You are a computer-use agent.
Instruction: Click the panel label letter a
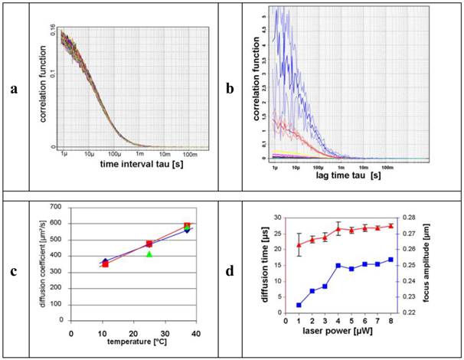(14, 90)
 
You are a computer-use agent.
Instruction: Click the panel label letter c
(14, 270)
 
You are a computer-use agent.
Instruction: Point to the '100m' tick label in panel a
(183, 155)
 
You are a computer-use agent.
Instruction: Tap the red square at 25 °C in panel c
(149, 244)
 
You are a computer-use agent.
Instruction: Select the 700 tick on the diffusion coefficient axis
(59, 207)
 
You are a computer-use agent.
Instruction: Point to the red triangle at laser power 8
(391, 225)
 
